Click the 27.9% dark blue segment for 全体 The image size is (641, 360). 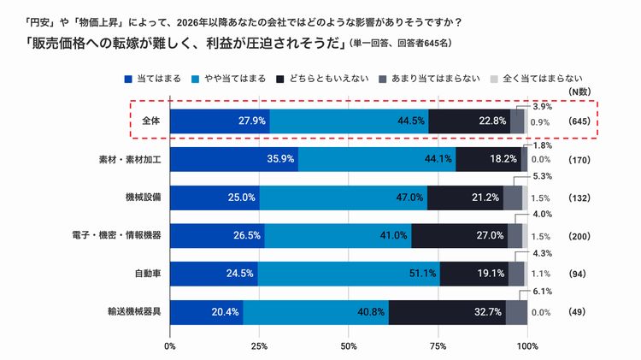(x=220, y=121)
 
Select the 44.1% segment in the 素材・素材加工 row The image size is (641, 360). (x=377, y=159)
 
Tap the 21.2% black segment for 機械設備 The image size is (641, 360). (x=465, y=198)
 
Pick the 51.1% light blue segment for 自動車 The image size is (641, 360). (x=349, y=274)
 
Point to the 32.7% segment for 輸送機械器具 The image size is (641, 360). (x=447, y=312)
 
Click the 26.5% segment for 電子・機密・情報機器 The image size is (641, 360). (x=217, y=236)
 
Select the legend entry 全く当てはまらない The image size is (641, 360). (x=541, y=79)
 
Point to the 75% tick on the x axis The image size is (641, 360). (x=438, y=346)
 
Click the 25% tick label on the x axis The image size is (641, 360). (x=260, y=346)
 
